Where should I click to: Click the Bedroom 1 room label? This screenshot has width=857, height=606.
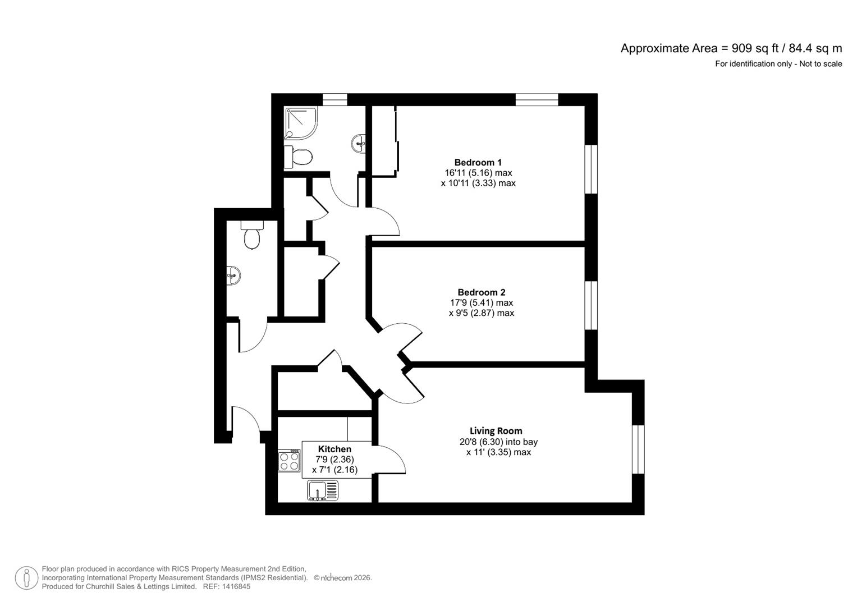tap(478, 163)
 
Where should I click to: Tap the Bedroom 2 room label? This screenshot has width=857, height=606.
tap(481, 292)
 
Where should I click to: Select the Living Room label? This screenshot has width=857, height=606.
tap(496, 431)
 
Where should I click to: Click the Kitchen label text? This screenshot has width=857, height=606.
tap(334, 449)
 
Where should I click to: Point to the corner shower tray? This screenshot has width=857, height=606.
tap(300, 122)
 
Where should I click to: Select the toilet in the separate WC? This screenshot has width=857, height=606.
tap(252, 236)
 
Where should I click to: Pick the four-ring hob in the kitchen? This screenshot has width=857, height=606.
tap(290, 461)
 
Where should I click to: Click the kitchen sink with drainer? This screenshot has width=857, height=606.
tap(323, 491)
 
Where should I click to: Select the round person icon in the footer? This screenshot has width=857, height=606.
tap(26, 578)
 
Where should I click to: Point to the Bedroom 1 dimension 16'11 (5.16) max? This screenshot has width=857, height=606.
tap(478, 173)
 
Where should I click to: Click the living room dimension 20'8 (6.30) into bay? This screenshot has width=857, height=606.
tap(498, 442)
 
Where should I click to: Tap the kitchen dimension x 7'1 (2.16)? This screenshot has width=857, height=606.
tap(334, 470)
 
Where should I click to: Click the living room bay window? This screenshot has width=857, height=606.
tap(638, 449)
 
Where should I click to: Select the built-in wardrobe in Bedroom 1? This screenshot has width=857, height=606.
tap(385, 140)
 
